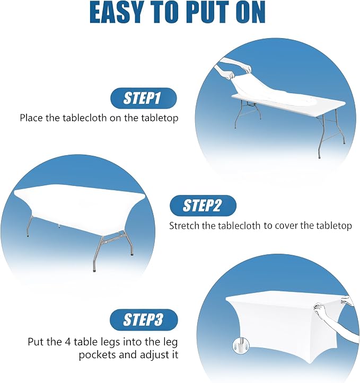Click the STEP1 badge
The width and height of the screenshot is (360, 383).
pyautogui.click(x=144, y=98)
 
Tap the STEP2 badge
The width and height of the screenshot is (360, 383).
pyautogui.click(x=203, y=206)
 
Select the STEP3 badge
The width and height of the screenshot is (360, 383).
pyautogui.click(x=144, y=320)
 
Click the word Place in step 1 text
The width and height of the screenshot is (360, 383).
pyautogui.click(x=31, y=118)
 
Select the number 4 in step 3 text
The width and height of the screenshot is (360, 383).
pyautogui.click(x=68, y=342)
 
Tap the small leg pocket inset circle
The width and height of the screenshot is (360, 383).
pyautogui.click(x=241, y=346)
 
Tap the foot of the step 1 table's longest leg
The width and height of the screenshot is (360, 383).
pyautogui.click(x=319, y=157)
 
